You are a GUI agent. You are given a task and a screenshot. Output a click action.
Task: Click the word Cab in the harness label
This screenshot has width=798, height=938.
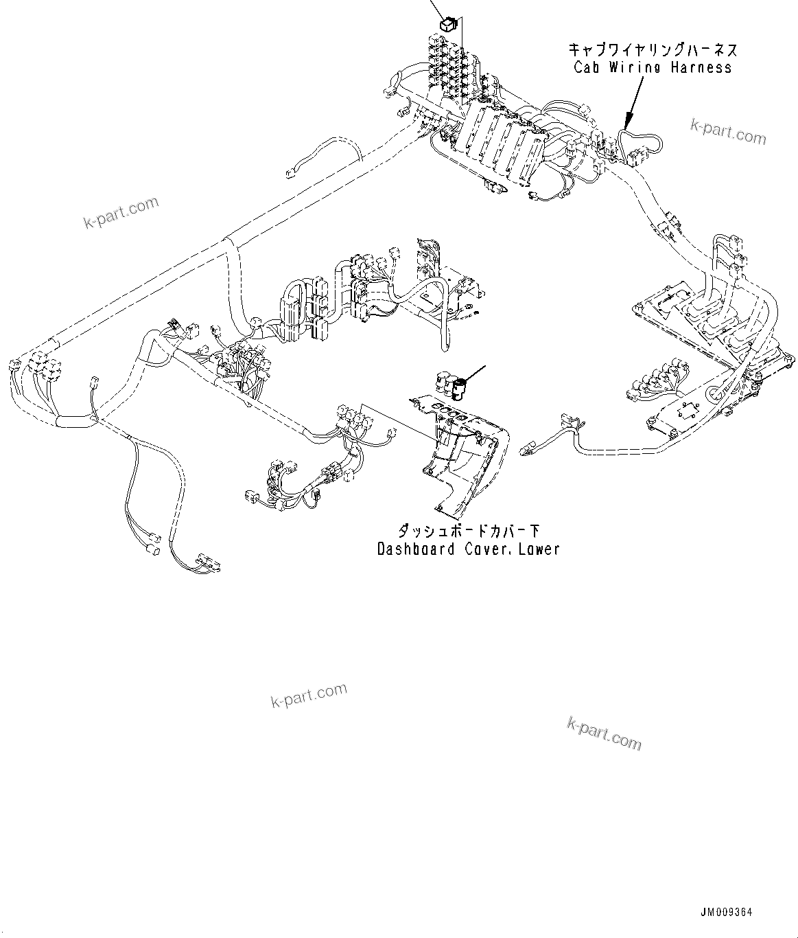tap(587, 67)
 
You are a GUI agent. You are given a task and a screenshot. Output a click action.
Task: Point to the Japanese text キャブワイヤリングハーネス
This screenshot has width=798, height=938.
tap(653, 50)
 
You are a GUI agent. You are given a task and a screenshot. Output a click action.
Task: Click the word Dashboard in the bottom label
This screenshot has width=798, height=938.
tap(416, 549)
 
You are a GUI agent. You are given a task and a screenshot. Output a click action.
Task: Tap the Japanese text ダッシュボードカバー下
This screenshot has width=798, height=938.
tap(469, 531)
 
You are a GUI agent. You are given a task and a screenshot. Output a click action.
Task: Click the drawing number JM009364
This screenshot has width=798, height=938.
tap(726, 913)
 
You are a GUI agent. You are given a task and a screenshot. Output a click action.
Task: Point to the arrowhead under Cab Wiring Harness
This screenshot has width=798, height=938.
tap(626, 125)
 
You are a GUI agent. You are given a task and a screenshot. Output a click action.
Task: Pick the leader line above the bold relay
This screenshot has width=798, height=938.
tap(437, 8)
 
